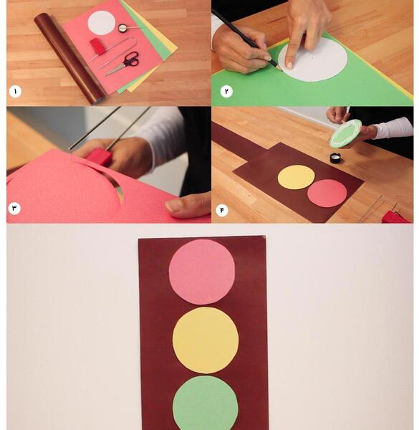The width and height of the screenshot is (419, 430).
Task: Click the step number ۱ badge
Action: (x=15, y=92)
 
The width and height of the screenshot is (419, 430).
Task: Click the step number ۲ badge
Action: (x=226, y=91)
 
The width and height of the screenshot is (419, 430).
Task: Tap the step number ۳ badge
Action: (x=14, y=209)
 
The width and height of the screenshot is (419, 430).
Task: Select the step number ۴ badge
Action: (x=222, y=210)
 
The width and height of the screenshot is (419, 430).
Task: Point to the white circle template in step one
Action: (x=102, y=23)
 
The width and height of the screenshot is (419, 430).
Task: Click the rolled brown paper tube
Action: (x=70, y=58)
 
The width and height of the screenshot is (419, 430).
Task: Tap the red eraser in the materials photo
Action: (x=96, y=46)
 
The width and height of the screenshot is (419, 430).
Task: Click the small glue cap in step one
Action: (x=122, y=28)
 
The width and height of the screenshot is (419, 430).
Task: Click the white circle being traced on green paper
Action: (x=313, y=59)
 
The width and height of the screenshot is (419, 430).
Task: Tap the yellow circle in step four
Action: (x=297, y=177)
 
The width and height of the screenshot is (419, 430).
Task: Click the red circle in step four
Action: (x=327, y=193)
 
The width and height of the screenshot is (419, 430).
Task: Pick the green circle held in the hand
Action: (x=345, y=133)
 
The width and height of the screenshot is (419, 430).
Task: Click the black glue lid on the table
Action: (x=335, y=158)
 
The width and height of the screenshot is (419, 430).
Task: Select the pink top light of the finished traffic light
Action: (x=202, y=272)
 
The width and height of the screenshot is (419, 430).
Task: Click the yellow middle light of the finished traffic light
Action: (x=206, y=340)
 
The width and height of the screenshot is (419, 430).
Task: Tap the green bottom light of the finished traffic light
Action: (x=206, y=403)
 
